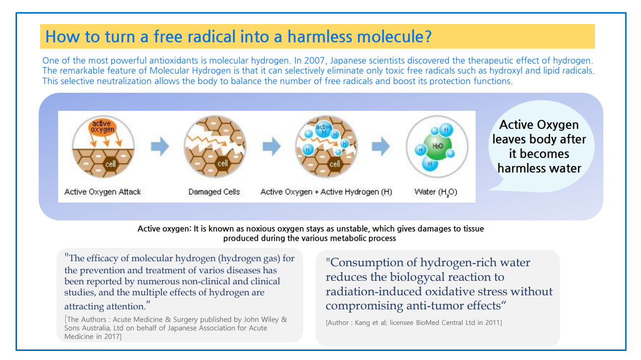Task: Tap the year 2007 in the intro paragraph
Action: point(314,61)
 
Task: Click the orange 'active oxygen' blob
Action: point(102,126)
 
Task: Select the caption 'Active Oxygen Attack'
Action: point(102,192)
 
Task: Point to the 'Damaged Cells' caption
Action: point(214,192)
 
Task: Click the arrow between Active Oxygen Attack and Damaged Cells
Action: point(160,146)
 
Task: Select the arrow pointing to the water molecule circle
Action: point(381,146)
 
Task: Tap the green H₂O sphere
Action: point(438,147)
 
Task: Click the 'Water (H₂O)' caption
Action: point(436,192)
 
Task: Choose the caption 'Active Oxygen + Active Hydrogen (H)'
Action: point(326,192)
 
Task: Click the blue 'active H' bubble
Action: point(323,129)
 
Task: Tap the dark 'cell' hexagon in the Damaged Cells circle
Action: point(223,163)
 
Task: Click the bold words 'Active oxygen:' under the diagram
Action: point(164,229)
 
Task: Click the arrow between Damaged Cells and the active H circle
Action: point(272,146)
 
